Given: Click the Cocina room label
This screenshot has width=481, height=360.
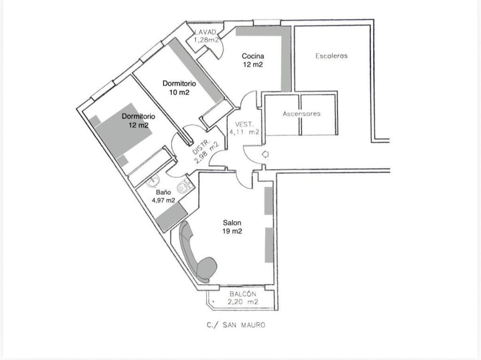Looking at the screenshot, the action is click(253, 56).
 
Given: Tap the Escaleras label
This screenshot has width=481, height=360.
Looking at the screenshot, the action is click(331, 56).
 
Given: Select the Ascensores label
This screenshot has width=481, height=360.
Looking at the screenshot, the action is click(302, 114).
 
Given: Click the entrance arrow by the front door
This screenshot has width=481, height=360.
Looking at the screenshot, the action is click(265, 154).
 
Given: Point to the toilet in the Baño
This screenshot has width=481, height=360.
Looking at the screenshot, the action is click(184, 186).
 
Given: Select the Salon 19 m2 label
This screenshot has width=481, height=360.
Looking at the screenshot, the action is click(232, 227).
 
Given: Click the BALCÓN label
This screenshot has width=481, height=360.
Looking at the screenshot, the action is click(243, 294).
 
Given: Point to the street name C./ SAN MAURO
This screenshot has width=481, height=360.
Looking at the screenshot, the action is click(236, 325).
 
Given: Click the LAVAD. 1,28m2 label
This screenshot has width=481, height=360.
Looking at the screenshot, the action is click(206, 36).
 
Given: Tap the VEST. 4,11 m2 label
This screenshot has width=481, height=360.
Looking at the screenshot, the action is click(244, 128).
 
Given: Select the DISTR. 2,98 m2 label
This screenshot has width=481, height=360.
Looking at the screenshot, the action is click(204, 152).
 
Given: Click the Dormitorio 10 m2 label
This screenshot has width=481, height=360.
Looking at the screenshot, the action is click(179, 88).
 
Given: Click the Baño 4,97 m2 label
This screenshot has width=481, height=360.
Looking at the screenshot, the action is click(163, 196).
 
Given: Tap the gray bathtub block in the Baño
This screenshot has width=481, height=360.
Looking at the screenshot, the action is click(171, 217).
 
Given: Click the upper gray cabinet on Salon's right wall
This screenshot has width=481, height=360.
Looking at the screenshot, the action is click(269, 201).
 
